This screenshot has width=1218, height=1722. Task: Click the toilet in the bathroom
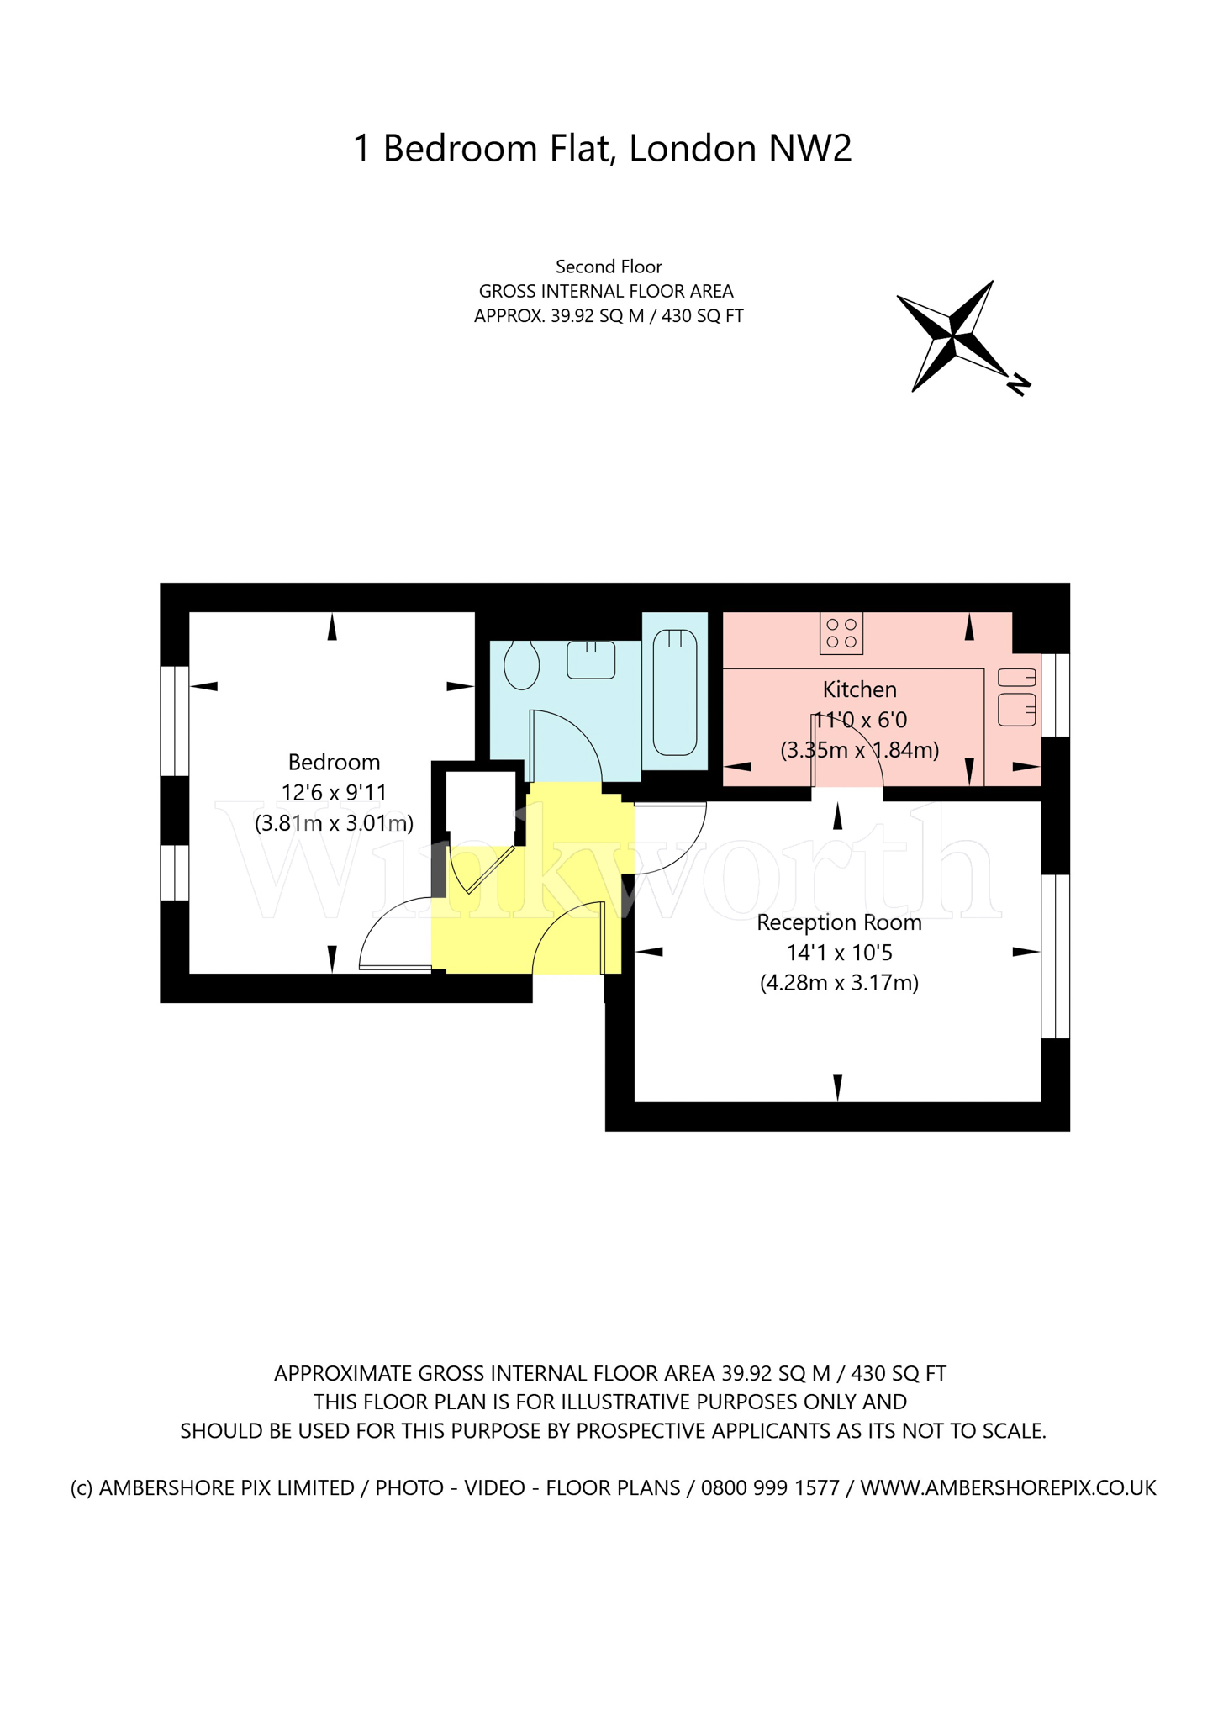521,665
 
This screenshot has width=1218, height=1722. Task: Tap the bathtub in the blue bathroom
675,692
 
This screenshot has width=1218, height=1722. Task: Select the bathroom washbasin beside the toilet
591,660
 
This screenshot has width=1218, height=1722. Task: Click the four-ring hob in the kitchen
841,634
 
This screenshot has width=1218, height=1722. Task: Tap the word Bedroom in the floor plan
334,763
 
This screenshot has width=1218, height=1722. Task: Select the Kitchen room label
859,690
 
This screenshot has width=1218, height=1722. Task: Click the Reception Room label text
839,923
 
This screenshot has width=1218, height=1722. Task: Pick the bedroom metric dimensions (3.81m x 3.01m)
334,823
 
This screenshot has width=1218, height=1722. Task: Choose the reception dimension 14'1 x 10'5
839,953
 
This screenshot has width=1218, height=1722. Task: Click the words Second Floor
609,267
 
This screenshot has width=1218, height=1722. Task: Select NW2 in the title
809,149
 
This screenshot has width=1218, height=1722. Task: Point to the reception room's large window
1055,957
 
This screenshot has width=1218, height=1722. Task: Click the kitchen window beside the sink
1055,695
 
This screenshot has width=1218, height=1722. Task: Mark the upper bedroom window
175,721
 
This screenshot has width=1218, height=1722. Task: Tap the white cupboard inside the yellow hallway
480,807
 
